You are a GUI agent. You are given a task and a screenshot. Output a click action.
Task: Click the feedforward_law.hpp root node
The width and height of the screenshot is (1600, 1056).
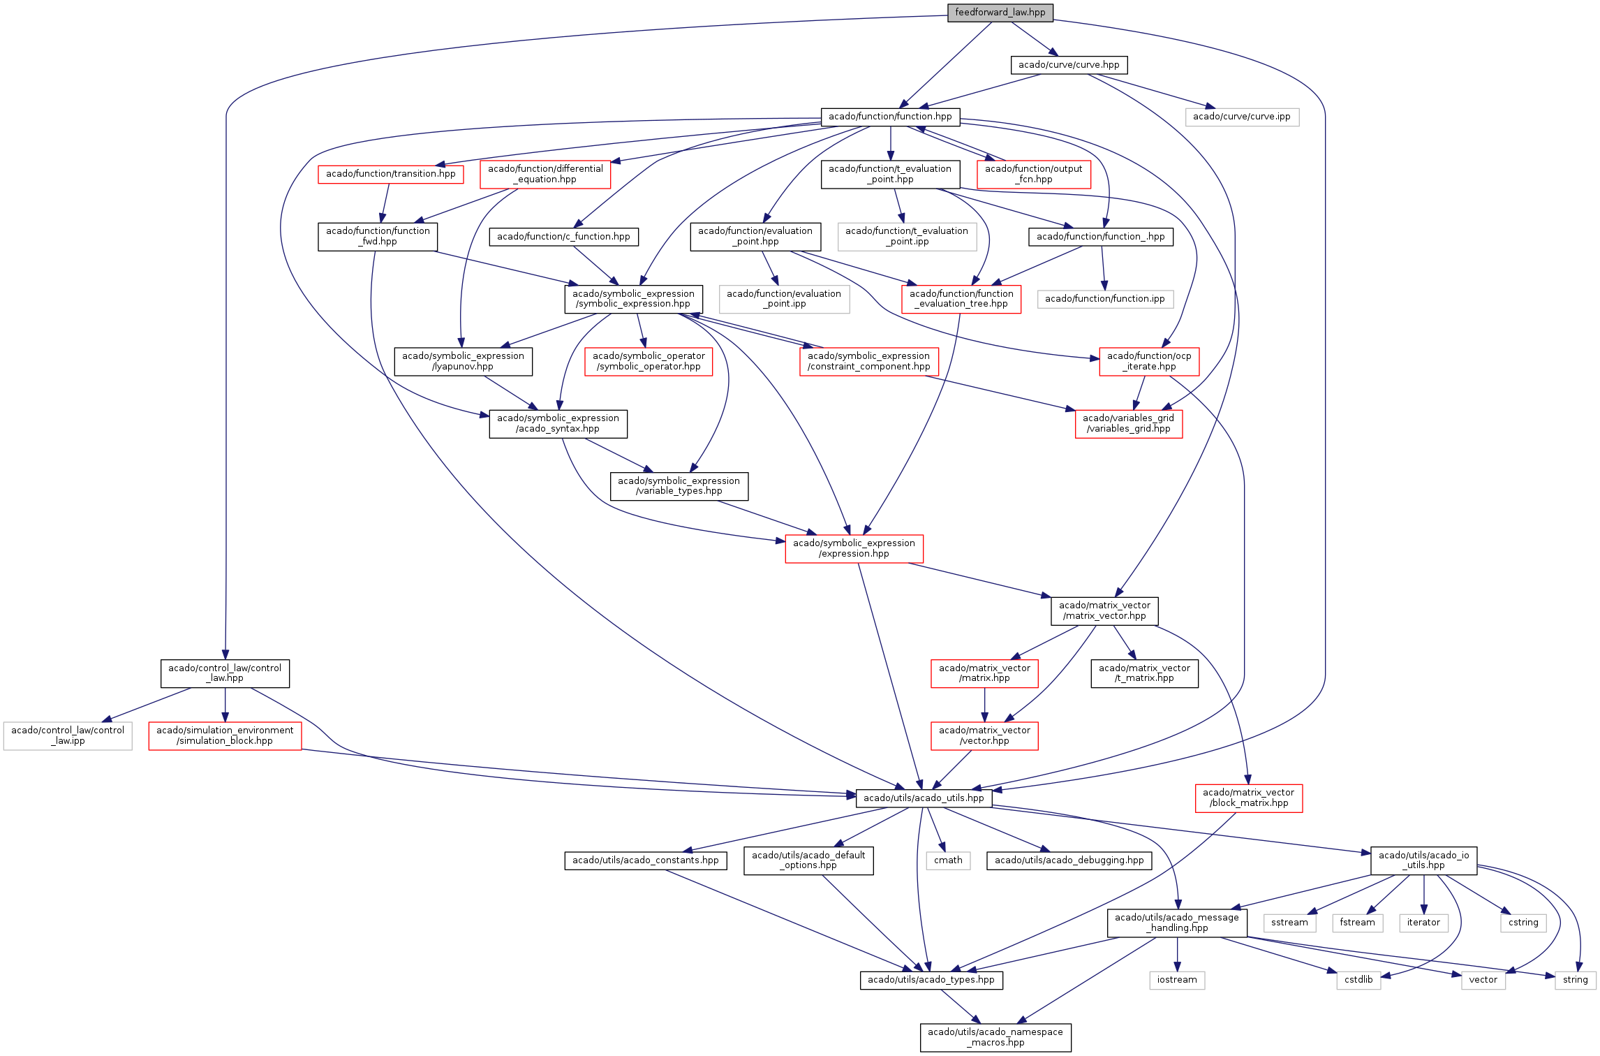[x=1000, y=13]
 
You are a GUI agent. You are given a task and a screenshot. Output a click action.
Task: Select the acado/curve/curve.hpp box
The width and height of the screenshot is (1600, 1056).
[x=1068, y=65]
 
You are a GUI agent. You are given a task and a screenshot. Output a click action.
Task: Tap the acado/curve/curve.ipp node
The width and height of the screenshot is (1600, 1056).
[x=1241, y=117]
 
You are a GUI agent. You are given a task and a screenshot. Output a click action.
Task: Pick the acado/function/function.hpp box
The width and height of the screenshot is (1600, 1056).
[x=890, y=117]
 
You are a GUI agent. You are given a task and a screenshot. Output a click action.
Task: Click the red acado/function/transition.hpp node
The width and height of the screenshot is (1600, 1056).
[x=390, y=174]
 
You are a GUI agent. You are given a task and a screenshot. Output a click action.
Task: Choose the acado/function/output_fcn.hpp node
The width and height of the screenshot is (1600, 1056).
[x=1033, y=174]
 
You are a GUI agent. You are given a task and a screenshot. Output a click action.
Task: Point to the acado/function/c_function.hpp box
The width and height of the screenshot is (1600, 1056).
[x=563, y=237]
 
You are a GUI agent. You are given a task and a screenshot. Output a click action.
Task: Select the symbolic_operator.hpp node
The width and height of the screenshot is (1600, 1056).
[x=649, y=361]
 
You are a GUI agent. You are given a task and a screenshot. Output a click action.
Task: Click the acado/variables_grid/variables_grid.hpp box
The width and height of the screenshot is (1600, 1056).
[x=1128, y=423]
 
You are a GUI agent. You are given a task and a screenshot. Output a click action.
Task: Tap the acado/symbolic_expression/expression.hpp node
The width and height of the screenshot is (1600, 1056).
[x=854, y=548]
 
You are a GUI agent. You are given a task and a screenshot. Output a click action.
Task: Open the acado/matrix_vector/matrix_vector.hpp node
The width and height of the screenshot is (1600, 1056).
[x=1104, y=610]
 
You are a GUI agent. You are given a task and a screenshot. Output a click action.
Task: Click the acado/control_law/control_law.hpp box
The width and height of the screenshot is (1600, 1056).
[x=225, y=673]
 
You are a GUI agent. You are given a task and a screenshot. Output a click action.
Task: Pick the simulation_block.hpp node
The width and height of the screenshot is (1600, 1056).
[x=225, y=735]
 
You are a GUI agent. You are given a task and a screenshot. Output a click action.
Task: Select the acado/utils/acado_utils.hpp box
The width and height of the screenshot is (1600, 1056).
[x=923, y=798]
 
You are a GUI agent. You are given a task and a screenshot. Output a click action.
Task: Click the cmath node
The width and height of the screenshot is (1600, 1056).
[x=948, y=860]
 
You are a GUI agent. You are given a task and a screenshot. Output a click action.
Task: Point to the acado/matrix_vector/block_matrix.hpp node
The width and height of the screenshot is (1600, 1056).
[x=1248, y=798]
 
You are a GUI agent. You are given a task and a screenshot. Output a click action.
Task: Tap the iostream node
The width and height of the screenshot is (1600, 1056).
[x=1177, y=980]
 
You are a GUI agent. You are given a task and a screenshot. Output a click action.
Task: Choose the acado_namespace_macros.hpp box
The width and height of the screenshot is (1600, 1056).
[x=995, y=1037]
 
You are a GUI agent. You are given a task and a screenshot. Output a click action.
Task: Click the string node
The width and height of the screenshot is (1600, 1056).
[x=1575, y=980]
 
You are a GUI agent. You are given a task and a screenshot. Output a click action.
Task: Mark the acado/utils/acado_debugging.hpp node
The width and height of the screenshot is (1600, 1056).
[x=1069, y=860]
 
